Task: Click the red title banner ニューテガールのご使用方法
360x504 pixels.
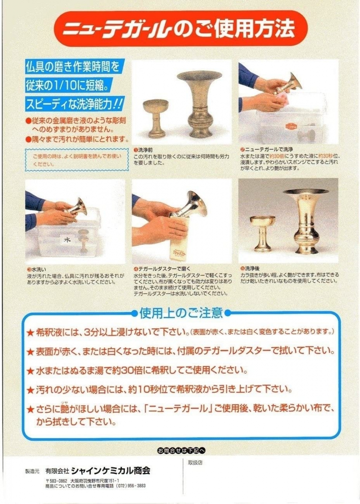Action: (x=180, y=28)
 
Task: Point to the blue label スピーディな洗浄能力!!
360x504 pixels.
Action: (x=75, y=104)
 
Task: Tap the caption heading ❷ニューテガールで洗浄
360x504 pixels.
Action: (x=267, y=149)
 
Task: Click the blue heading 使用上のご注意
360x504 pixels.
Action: (x=181, y=313)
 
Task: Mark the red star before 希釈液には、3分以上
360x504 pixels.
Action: (x=30, y=333)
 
